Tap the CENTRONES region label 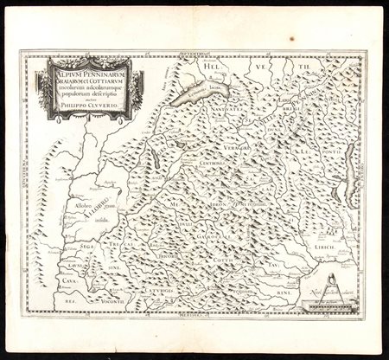pos(214,161)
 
